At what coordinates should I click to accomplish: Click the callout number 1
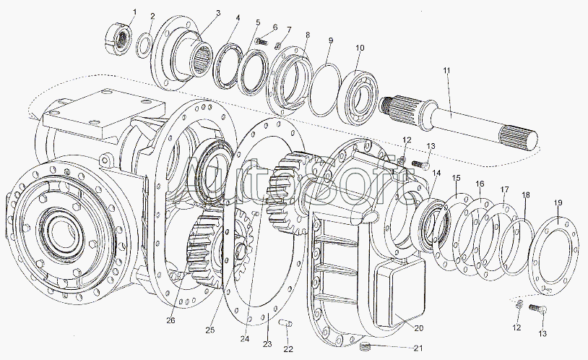(x=134, y=12)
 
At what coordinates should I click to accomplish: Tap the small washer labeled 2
(x=144, y=46)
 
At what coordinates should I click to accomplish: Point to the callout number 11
(x=446, y=70)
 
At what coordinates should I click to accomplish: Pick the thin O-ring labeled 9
(x=326, y=90)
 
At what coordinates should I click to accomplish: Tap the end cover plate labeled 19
(x=554, y=256)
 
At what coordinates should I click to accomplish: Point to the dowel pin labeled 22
(x=286, y=323)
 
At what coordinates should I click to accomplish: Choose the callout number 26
(x=170, y=320)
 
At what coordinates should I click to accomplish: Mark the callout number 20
(x=419, y=328)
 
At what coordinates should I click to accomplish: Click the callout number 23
(x=267, y=344)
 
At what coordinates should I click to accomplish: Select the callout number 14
(x=436, y=173)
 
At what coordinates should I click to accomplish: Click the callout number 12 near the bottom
(x=516, y=327)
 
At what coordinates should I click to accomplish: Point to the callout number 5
(x=258, y=22)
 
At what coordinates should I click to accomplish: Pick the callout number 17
(x=505, y=190)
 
